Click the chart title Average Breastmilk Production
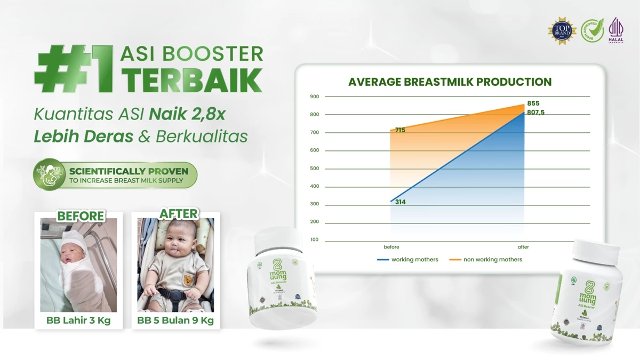coord(450,82)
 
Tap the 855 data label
coord(533,103)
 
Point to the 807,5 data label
coord(536,112)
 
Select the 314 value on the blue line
coord(401,202)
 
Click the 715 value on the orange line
coord(401,130)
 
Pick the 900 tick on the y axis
coord(314,97)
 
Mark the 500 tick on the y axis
coord(314,169)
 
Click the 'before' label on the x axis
coord(391,247)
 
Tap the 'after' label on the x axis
coord(523,247)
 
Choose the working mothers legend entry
coord(408,260)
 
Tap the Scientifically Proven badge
coord(116,175)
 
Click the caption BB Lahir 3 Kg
coord(78,321)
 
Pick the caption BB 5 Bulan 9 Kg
coord(175,321)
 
